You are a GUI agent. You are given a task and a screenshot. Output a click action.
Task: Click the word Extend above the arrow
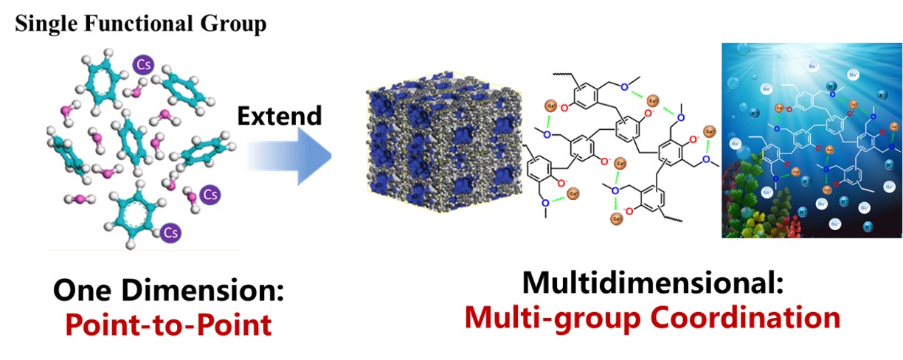(x=279, y=116)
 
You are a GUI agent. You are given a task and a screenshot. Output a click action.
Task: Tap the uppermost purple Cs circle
(x=142, y=65)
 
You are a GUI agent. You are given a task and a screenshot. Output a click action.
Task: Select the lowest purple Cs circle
(x=171, y=232)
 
